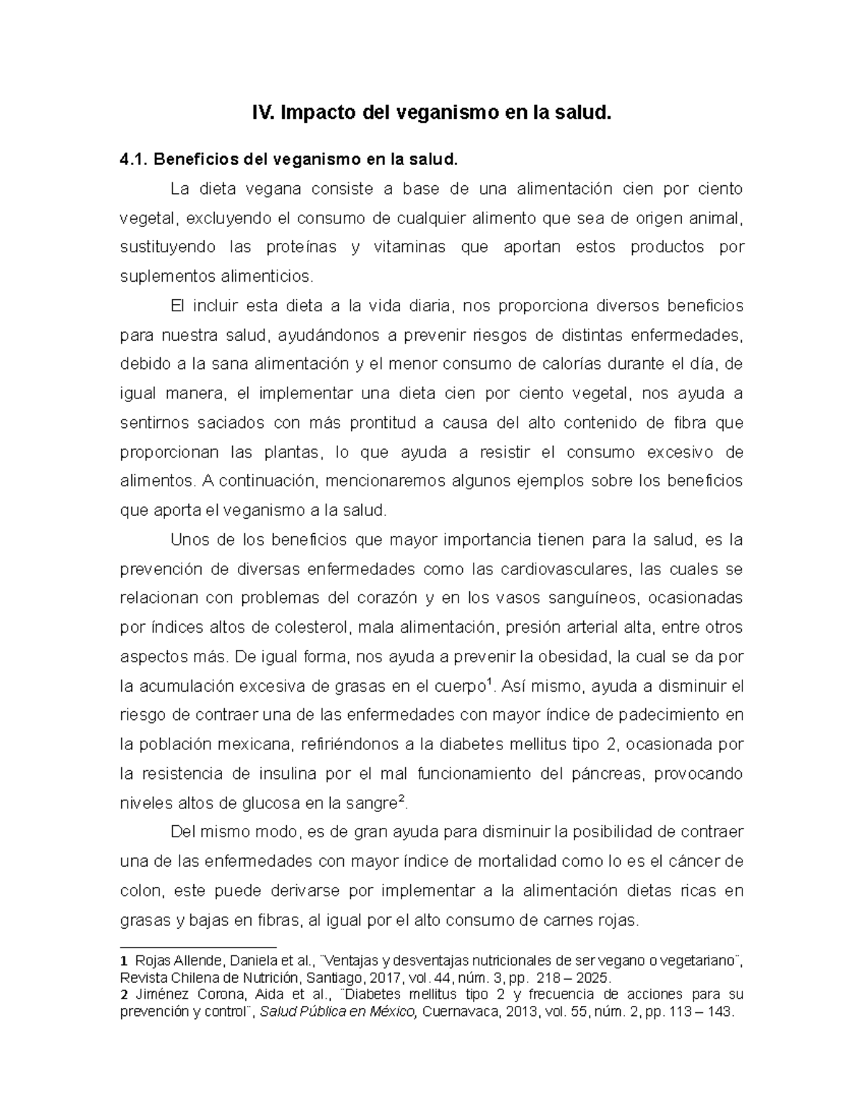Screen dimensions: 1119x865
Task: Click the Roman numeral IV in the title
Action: tap(262, 113)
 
